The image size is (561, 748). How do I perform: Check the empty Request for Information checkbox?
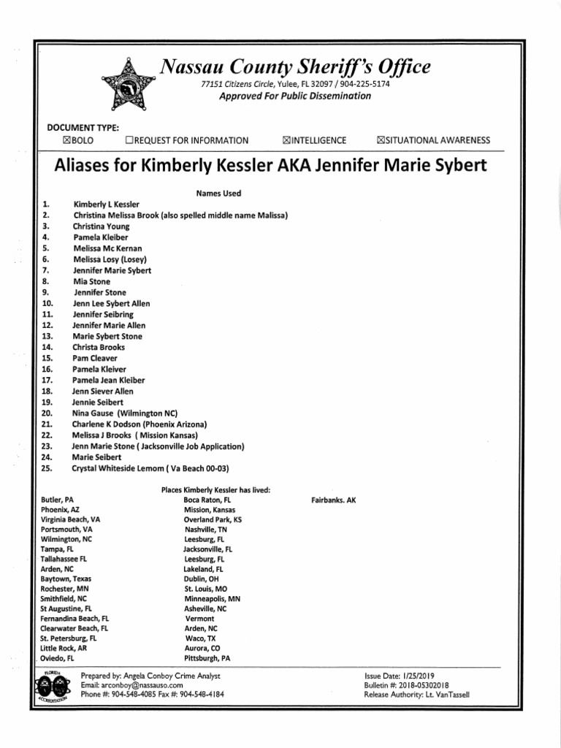[x=129, y=140]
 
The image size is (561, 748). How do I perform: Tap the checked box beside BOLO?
[x=68, y=140]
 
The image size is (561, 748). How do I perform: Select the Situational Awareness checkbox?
[x=381, y=140]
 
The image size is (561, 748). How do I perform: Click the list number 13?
[x=47, y=336]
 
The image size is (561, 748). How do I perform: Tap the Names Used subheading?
[x=218, y=194]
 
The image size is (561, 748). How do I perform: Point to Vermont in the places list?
[x=199, y=619]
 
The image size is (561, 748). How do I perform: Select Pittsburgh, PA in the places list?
[x=207, y=657]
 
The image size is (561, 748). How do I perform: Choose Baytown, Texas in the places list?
[x=66, y=579]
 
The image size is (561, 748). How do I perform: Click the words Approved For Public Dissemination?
[x=295, y=96]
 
